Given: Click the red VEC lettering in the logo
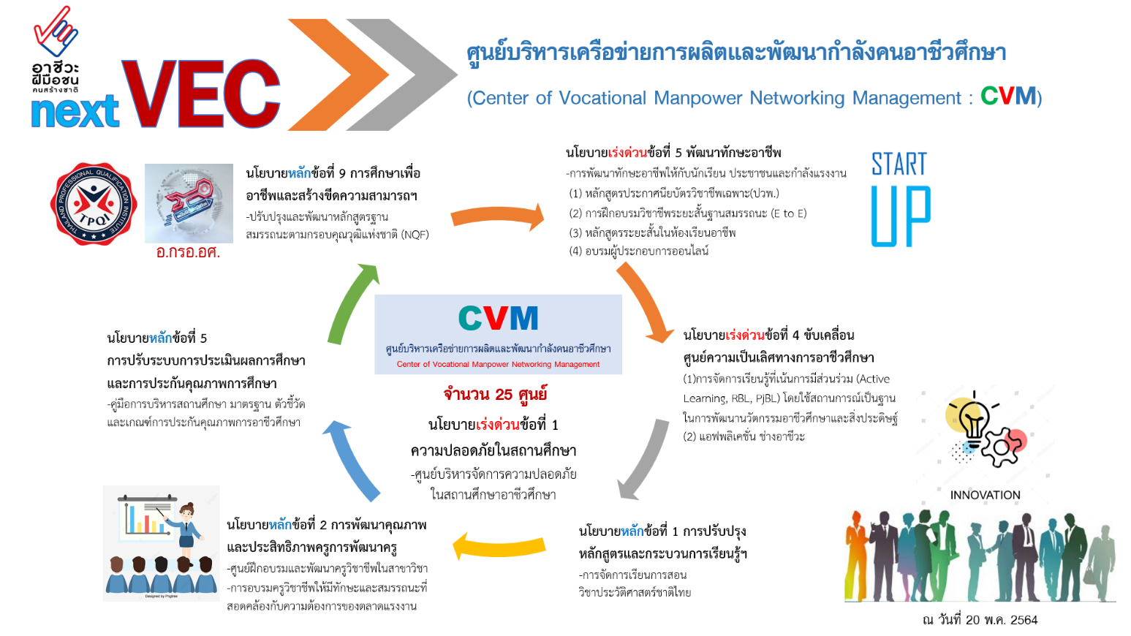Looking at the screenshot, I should [x=201, y=94].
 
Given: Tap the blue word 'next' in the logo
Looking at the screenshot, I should [x=75, y=112].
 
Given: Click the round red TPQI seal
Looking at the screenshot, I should [x=93, y=204].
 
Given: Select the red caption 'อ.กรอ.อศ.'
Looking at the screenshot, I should [x=188, y=252].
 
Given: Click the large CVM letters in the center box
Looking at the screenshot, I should [x=498, y=319].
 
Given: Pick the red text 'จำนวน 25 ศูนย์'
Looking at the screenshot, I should [x=495, y=395].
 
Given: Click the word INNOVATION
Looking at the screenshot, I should [x=985, y=495].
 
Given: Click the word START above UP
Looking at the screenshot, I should [x=899, y=164].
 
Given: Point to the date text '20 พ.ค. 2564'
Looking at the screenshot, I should [x=1001, y=620].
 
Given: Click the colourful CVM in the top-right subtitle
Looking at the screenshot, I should [x=1008, y=96].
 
